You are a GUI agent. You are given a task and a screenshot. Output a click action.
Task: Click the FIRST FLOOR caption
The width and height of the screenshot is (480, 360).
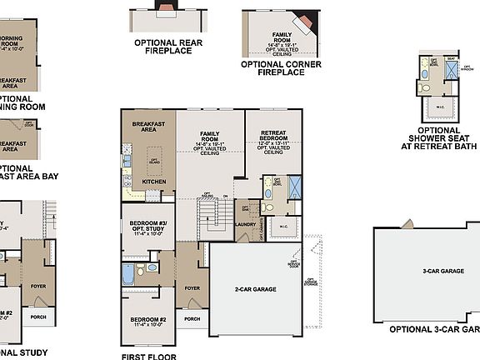(150, 355)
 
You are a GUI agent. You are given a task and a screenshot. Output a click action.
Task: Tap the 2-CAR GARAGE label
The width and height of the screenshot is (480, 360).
(255, 289)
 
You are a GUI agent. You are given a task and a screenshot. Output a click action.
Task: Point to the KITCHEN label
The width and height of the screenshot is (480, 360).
(154, 181)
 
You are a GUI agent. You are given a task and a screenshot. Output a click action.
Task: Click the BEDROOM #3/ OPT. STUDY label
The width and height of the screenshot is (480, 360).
(150, 227)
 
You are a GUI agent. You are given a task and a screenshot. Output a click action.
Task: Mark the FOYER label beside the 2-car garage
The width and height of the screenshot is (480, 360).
(192, 287)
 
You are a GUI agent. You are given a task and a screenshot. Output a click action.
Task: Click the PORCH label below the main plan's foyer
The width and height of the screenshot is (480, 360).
(192, 319)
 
